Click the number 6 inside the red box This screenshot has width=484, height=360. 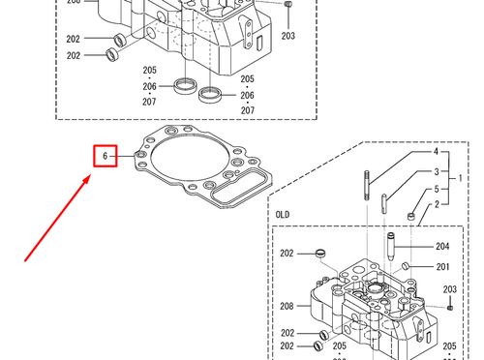click(104, 156)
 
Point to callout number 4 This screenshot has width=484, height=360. click(435, 153)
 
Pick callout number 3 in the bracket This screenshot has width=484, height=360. click(435, 170)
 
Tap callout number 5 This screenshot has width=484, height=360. click(435, 189)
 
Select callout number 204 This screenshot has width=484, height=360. click(443, 247)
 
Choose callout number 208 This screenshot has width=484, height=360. click(287, 306)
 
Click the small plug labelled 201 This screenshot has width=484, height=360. click(409, 266)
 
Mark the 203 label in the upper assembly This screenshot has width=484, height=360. click(287, 36)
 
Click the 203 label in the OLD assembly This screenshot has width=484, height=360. click(449, 288)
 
